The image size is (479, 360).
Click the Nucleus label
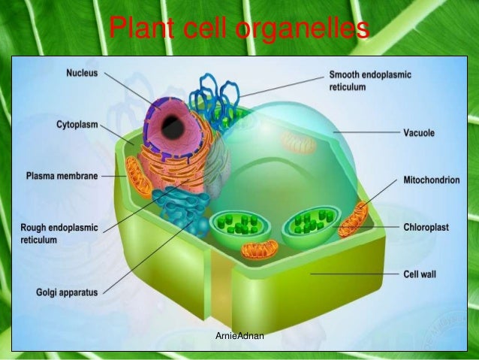(84, 73)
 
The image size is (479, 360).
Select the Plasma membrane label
(62, 176)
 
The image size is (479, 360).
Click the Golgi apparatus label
(68, 292)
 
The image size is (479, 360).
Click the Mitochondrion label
(432, 180)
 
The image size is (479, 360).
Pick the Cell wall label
(419, 274)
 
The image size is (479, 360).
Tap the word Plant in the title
(137, 30)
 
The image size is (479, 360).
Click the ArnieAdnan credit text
(239, 335)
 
